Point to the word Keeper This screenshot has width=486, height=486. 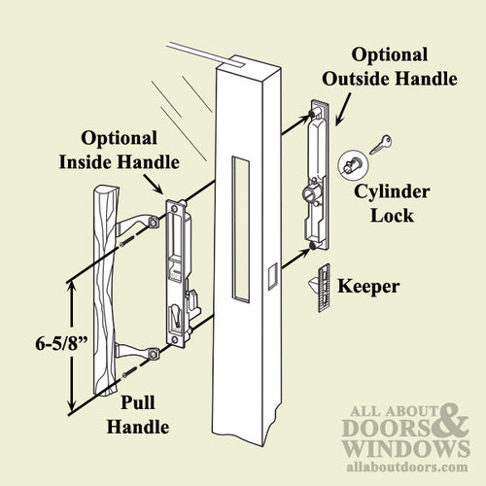point(370,287)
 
